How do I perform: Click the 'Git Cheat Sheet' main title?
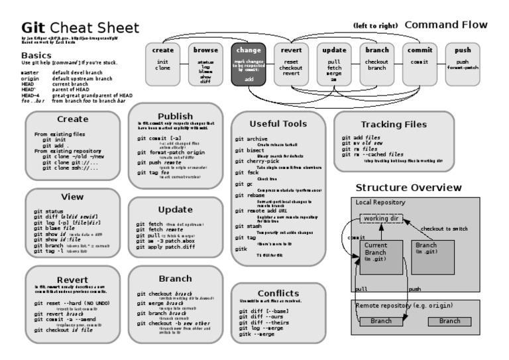pos(80,29)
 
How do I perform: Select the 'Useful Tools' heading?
pos(278,124)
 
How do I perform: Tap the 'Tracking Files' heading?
pos(394,124)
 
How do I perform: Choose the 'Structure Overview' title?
pos(408,188)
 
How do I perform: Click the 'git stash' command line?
pos(249,226)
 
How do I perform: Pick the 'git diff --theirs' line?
pos(265,322)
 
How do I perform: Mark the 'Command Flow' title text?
pos(446,25)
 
